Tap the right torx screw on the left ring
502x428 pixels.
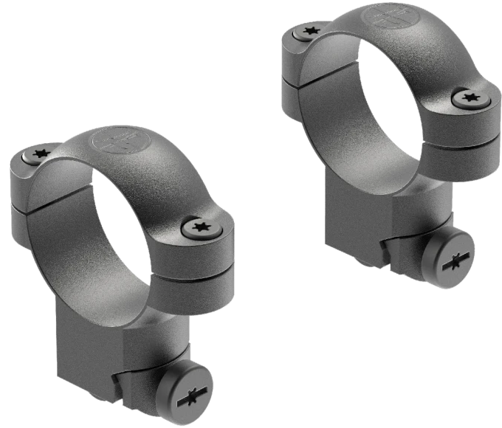point(199,228)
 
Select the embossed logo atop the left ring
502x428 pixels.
point(114,139)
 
